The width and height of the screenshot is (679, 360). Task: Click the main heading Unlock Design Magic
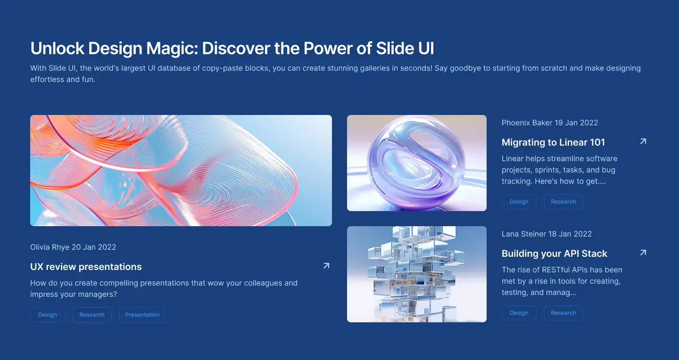pyautogui.click(x=232, y=49)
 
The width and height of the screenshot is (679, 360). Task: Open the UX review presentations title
pyautogui.click(x=86, y=267)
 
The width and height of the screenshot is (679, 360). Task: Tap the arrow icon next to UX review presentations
pyautogui.click(x=326, y=266)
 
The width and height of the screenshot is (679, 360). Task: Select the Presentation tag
pyautogui.click(x=142, y=315)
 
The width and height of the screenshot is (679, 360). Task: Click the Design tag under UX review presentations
pyautogui.click(x=47, y=315)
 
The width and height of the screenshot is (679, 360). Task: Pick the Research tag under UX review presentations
pyautogui.click(x=92, y=315)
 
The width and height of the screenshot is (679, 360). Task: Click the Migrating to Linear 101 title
pyautogui.click(x=553, y=142)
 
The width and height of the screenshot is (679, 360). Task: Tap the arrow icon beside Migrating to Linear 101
pyautogui.click(x=643, y=141)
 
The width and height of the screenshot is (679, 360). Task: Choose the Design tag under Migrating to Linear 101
pyautogui.click(x=519, y=202)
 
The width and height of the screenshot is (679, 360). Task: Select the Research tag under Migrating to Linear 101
pyautogui.click(x=563, y=202)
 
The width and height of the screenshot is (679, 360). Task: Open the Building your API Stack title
pyautogui.click(x=555, y=254)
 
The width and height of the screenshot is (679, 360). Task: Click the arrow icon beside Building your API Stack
pyautogui.click(x=643, y=253)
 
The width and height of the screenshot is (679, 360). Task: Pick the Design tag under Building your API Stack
pyautogui.click(x=519, y=313)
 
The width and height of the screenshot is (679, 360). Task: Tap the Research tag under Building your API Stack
pyautogui.click(x=563, y=313)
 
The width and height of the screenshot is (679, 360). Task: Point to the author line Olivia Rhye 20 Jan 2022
pyautogui.click(x=73, y=247)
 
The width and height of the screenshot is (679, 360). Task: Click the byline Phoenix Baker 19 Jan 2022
pyautogui.click(x=550, y=123)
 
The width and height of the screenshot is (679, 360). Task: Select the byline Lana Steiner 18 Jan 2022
pyautogui.click(x=547, y=234)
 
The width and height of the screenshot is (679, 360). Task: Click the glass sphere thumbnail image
pyautogui.click(x=417, y=163)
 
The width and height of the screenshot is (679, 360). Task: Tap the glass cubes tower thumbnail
pyautogui.click(x=417, y=274)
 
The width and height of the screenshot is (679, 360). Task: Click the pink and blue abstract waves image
pyautogui.click(x=181, y=170)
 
